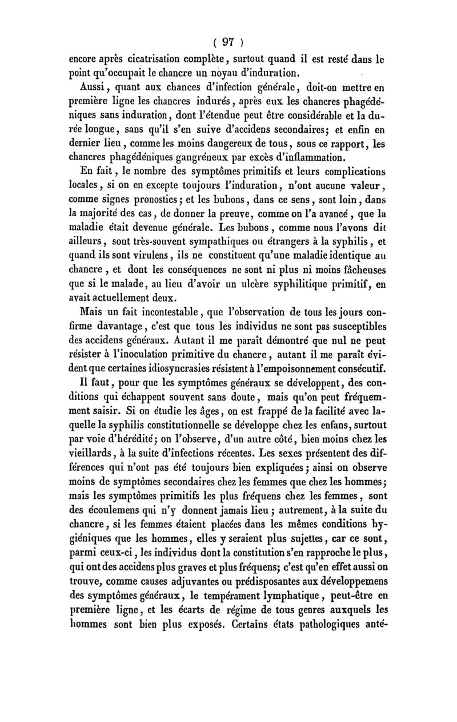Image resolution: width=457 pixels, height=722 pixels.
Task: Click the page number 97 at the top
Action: tap(228, 42)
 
